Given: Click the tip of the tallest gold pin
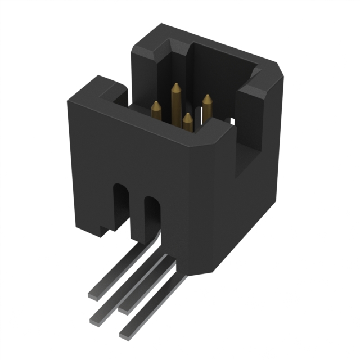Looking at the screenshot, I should coord(176,87).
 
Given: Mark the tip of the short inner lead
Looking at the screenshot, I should coord(123,308).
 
